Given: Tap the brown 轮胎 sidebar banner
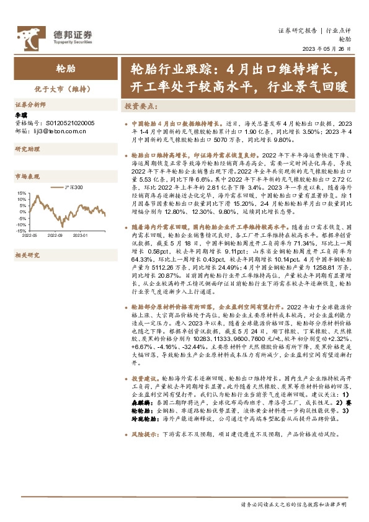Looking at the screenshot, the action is coord(60,68).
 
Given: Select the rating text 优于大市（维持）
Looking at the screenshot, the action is coord(60,88).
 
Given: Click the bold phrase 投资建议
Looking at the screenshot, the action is coord(144,378).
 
